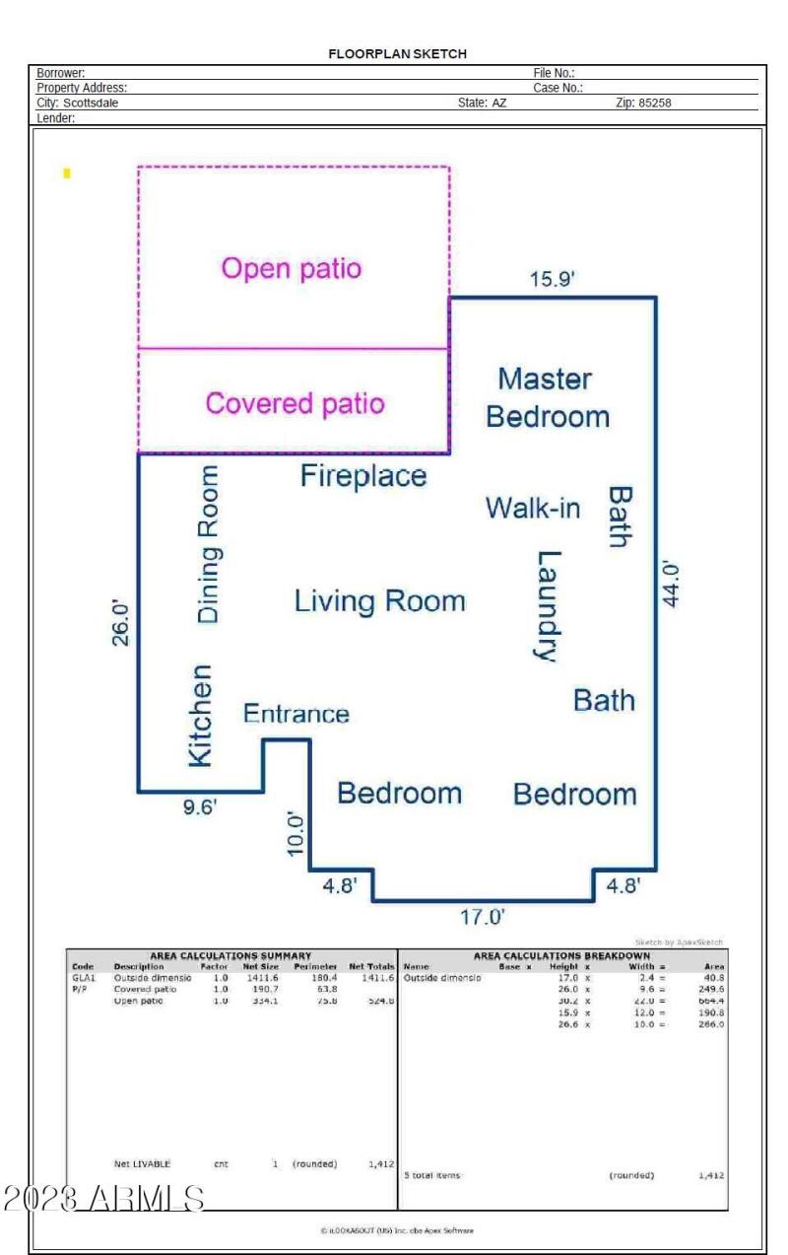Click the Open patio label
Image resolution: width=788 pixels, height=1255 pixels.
(292, 268)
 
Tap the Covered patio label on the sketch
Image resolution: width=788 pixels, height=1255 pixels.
(295, 403)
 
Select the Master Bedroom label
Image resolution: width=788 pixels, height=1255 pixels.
(547, 397)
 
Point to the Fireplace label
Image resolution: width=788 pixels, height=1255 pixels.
(363, 476)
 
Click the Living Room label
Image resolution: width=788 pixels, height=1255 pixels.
(379, 600)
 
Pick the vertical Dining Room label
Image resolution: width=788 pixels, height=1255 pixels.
(209, 543)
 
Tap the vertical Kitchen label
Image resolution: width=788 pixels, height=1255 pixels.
(200, 715)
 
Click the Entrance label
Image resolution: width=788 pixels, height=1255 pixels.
(296, 714)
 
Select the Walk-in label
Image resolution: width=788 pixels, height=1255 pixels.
(533, 509)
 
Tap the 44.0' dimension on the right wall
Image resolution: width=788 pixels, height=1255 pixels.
(673, 584)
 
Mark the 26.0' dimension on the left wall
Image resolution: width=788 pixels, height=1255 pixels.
(120, 621)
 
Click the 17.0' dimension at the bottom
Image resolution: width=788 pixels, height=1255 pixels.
(484, 917)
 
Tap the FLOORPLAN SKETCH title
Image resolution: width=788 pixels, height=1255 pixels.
(397, 54)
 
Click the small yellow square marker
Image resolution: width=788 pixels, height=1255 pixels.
(67, 174)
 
